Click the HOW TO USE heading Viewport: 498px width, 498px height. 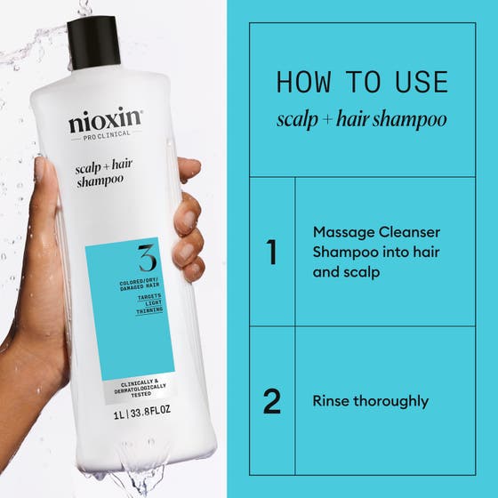pos(362,82)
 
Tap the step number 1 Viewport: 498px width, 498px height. pos(272,252)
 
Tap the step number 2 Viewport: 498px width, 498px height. pos(272,401)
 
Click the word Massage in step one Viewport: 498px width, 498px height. pos(341,231)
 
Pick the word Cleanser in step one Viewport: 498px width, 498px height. pos(409,231)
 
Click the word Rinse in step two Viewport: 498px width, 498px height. pos(332,401)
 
